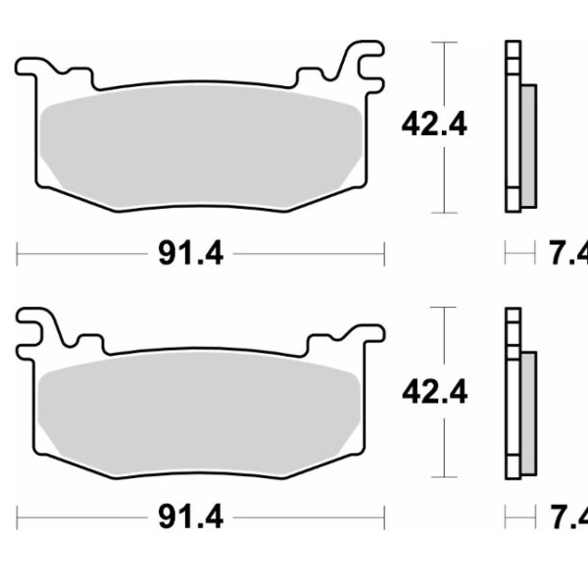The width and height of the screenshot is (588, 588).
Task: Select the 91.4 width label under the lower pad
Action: coord(190,514)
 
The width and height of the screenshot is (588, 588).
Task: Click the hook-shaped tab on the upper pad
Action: coord(365,65)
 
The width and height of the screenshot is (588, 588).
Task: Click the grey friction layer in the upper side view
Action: coord(528,146)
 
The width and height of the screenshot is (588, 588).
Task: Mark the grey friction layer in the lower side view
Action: coord(528,412)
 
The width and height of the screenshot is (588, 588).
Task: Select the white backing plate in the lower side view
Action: coord(512,392)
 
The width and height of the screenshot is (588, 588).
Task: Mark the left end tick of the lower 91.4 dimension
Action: coord(19,514)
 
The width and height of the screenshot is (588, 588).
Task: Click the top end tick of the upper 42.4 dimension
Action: coord(446,43)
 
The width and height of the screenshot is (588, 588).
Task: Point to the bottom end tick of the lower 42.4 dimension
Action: coord(446,477)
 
